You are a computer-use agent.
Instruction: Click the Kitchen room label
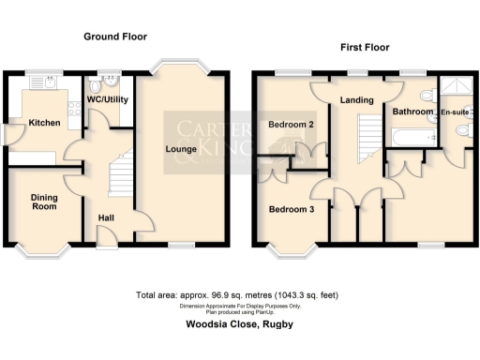pyautogui.click(x=44, y=124)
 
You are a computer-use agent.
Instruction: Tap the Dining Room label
pyautogui.click(x=44, y=202)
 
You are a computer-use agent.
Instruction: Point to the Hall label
pyautogui.click(x=106, y=219)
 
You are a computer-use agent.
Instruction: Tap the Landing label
pyautogui.click(x=358, y=100)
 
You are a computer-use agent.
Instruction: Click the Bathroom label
pyautogui.click(x=412, y=112)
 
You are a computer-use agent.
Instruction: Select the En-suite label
pyautogui.click(x=456, y=112)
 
